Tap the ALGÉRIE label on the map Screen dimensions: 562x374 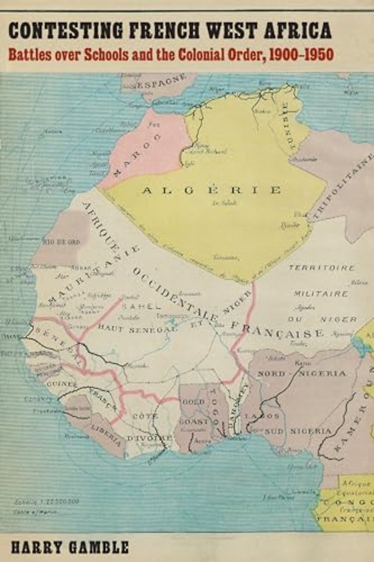212,190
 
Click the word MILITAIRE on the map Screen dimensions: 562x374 321,293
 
